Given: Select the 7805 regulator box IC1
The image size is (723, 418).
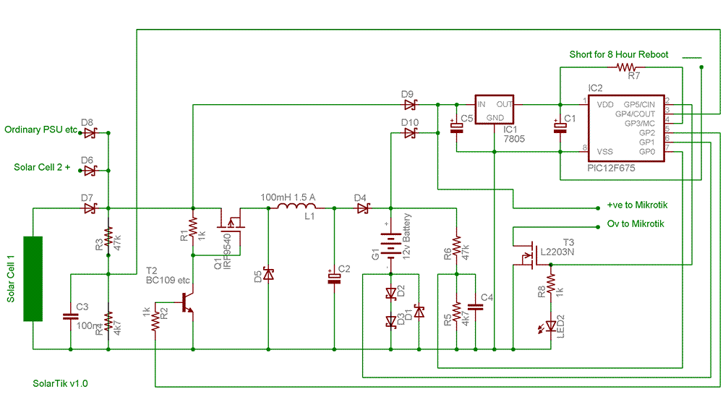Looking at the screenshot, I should [494, 111].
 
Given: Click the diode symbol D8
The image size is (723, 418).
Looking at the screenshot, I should [90, 133].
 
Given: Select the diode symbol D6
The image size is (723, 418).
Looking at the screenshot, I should [90, 171].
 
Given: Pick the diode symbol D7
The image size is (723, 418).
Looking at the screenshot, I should [90, 209].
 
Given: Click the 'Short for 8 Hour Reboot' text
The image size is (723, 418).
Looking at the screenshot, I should [619, 54].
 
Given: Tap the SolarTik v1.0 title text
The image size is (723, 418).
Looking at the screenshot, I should [61, 384].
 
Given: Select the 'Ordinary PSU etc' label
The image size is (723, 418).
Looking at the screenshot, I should [40, 130].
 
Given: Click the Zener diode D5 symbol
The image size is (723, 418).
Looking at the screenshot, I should [268, 275].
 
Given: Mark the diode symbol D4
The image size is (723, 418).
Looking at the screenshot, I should [361, 209].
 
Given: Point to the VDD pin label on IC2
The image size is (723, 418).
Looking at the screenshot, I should [605, 105].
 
